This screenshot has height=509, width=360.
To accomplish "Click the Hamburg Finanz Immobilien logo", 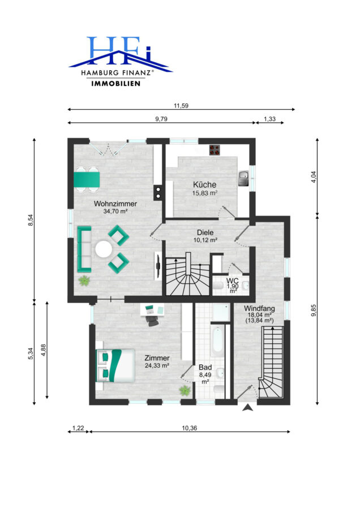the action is click(x=121, y=61).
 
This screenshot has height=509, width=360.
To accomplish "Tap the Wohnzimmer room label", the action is click(x=115, y=204).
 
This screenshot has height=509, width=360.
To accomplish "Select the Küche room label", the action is click(x=205, y=185).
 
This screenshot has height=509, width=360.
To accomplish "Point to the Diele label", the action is click(x=205, y=232).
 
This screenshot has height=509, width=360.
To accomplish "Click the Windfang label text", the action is click(x=259, y=309).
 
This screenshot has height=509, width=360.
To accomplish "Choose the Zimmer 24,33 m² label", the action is click(x=157, y=361).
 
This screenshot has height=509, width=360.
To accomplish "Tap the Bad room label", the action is click(x=205, y=368).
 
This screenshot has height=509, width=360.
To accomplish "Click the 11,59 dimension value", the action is click(x=181, y=106).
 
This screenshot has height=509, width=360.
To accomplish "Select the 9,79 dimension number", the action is click(x=161, y=119).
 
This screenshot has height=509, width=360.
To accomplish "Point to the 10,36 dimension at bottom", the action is click(x=190, y=428).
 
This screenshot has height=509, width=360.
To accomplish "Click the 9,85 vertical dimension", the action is click(x=314, y=310).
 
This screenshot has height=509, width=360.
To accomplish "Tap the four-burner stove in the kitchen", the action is click(x=215, y=150).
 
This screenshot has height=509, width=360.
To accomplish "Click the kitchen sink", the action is click(x=243, y=178).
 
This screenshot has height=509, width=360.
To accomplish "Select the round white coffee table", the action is click(x=104, y=249).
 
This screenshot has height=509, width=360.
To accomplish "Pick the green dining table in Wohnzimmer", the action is click(x=87, y=180).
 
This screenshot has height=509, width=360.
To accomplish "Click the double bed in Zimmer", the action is click(x=115, y=365).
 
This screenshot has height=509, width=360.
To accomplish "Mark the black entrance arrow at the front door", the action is click(x=247, y=408).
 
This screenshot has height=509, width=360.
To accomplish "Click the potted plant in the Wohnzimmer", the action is click(x=84, y=281).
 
